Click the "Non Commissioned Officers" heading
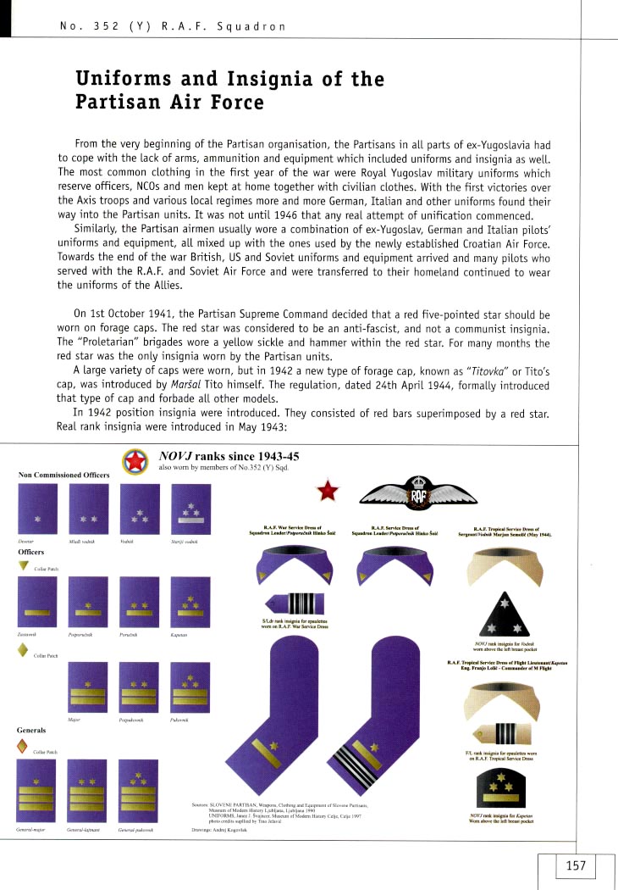[63, 475]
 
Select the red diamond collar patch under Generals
[24, 747]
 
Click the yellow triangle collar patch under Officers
[23, 567]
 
